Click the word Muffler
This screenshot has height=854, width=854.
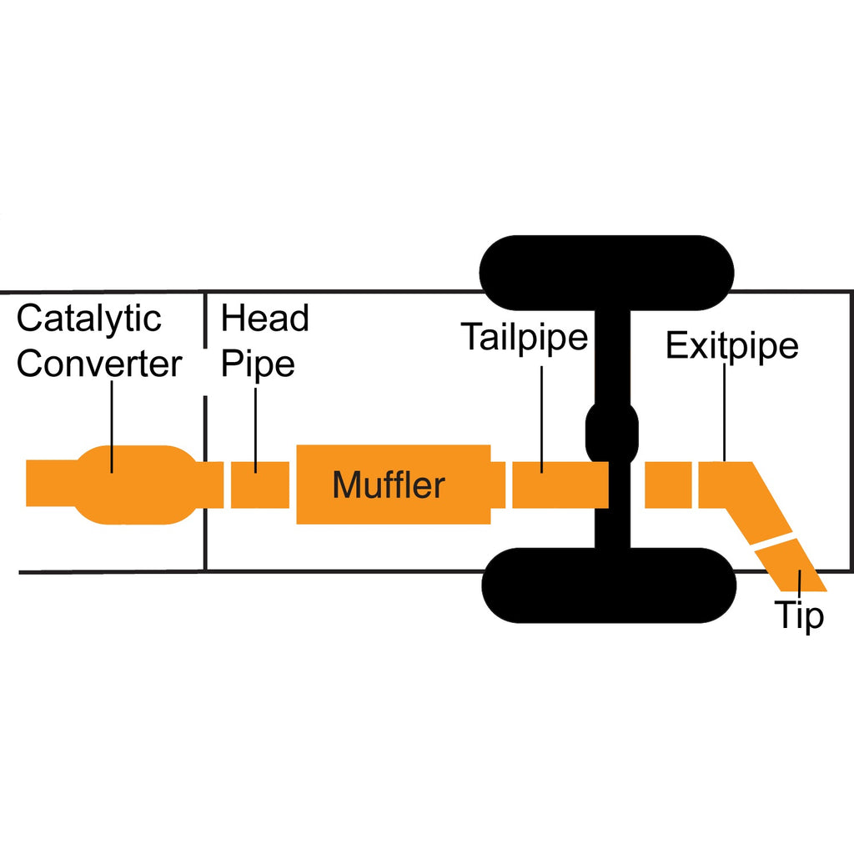[x=389, y=485]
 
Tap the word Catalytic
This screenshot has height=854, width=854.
[x=89, y=319]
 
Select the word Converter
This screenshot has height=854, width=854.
[x=99, y=364]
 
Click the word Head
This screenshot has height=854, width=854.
[x=264, y=319]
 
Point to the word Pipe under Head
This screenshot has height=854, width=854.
[x=258, y=364]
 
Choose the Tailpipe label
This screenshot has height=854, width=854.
[x=525, y=338]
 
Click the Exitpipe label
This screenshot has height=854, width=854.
[x=731, y=345]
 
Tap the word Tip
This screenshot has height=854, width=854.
[x=800, y=615]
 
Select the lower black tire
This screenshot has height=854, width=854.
[x=608, y=586]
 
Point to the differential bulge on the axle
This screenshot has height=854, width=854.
[x=612, y=431]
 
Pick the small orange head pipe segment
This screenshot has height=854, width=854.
[x=259, y=485]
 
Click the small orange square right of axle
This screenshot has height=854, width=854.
[x=667, y=485]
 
